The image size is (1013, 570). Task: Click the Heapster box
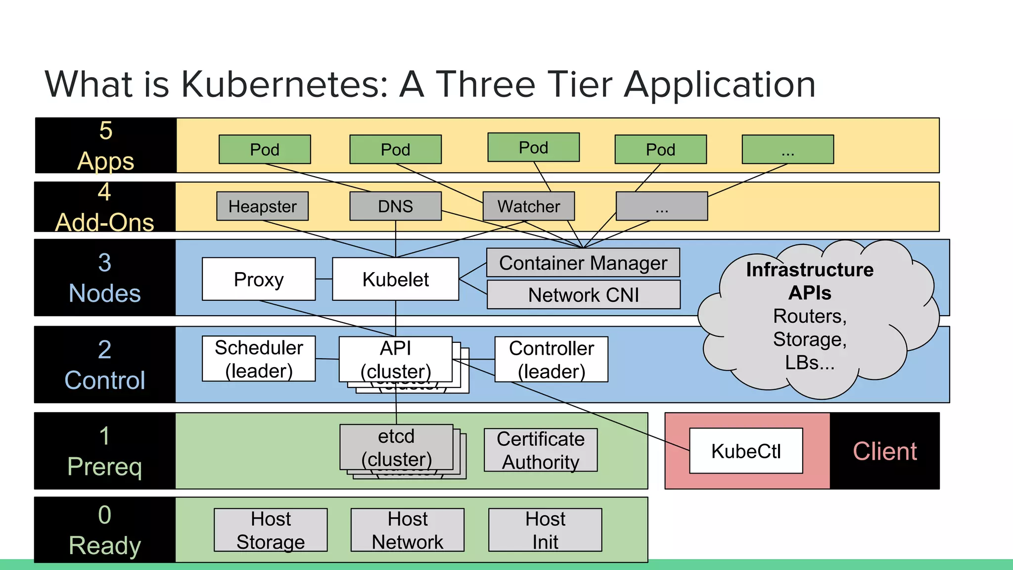[x=262, y=206]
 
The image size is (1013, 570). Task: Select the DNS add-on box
[x=395, y=206]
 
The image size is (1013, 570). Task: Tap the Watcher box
[x=528, y=206]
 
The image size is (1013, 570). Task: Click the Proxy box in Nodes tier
[x=259, y=279]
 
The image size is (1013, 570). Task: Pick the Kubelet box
[x=395, y=279]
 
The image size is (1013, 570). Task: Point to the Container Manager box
[x=583, y=263]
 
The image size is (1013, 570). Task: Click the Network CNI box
[x=583, y=295]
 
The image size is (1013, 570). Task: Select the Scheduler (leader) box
[x=259, y=359]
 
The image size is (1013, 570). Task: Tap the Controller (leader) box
[x=551, y=360]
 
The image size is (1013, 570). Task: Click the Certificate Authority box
[x=541, y=450]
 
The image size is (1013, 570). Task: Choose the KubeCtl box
[x=746, y=451]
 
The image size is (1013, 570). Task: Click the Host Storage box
[x=271, y=530]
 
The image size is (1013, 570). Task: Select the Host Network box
[x=408, y=530]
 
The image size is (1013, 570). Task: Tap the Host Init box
[x=545, y=530]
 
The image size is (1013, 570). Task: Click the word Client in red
[x=884, y=451]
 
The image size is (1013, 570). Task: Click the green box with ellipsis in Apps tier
[x=787, y=149]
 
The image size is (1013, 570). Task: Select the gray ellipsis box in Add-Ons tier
[x=661, y=206]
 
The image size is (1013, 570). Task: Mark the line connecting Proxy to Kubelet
[x=324, y=279]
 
